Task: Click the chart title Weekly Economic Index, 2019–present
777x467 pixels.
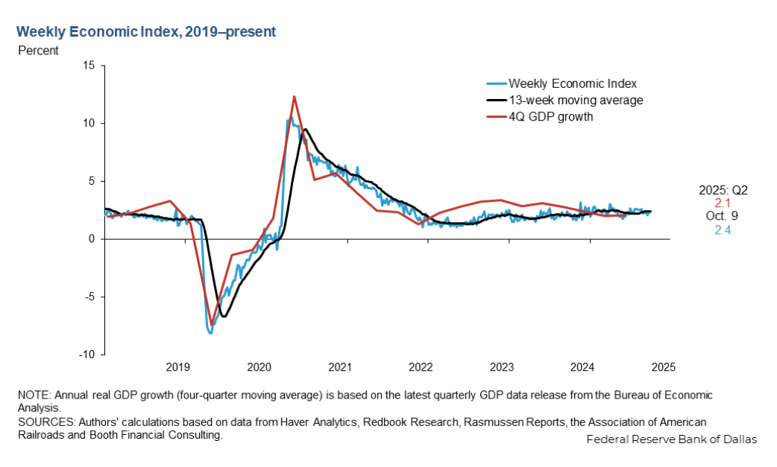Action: click(146, 32)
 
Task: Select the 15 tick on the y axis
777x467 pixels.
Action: click(89, 66)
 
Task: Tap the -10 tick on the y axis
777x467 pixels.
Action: click(86, 355)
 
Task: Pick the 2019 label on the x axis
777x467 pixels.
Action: click(177, 367)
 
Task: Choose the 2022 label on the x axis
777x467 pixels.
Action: click(421, 367)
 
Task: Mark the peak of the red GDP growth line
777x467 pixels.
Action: click(294, 96)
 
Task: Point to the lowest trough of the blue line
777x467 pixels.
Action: click(210, 333)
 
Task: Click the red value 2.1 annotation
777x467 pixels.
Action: click(721, 203)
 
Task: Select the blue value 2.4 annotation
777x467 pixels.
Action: click(721, 229)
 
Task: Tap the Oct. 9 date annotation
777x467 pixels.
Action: click(721, 216)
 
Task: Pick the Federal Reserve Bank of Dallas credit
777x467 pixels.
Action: click(671, 439)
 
